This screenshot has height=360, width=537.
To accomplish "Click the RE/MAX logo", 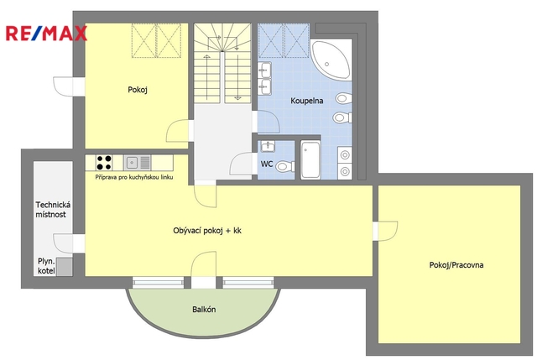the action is tap(46, 34).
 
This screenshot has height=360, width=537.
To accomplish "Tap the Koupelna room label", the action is tap(307, 101).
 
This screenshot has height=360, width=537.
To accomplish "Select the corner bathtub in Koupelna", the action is tap(331, 60).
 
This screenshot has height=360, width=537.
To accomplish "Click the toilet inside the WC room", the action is tap(285, 166).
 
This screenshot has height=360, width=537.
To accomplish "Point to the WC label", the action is tap(267, 164).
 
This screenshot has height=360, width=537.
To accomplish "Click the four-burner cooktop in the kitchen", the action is tap(104, 163).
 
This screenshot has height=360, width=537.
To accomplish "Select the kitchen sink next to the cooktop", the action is tap(137, 163).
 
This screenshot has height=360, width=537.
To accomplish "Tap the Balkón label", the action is tap(204, 310).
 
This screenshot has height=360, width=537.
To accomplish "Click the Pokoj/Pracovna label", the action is tap(456, 265).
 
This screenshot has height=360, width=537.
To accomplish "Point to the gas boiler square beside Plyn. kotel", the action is tap(65, 267).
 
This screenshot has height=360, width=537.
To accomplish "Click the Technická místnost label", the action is tap(53, 210).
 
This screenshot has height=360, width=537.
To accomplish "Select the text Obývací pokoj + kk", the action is tap(207, 231).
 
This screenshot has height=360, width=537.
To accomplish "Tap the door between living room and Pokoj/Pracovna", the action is tap(385, 231).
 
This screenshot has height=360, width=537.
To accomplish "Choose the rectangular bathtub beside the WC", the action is tap(310, 159).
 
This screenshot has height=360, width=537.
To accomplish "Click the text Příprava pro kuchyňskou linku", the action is tap(134, 177).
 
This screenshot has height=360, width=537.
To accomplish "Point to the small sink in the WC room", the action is tap(267, 147).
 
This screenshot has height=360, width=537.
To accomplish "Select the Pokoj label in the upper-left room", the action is tap(138, 90).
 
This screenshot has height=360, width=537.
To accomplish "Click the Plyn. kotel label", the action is tap(46, 266).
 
